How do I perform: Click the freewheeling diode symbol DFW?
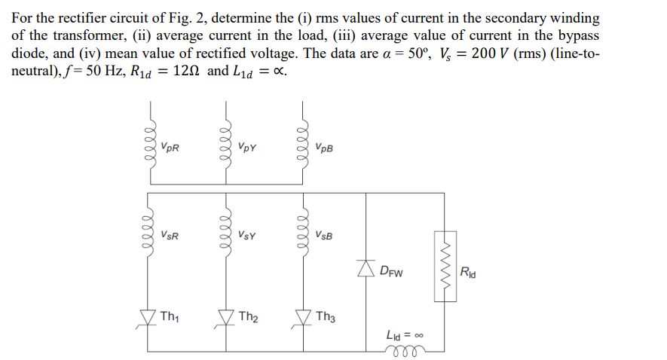pos(366,268)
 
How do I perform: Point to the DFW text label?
pos(392,270)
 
